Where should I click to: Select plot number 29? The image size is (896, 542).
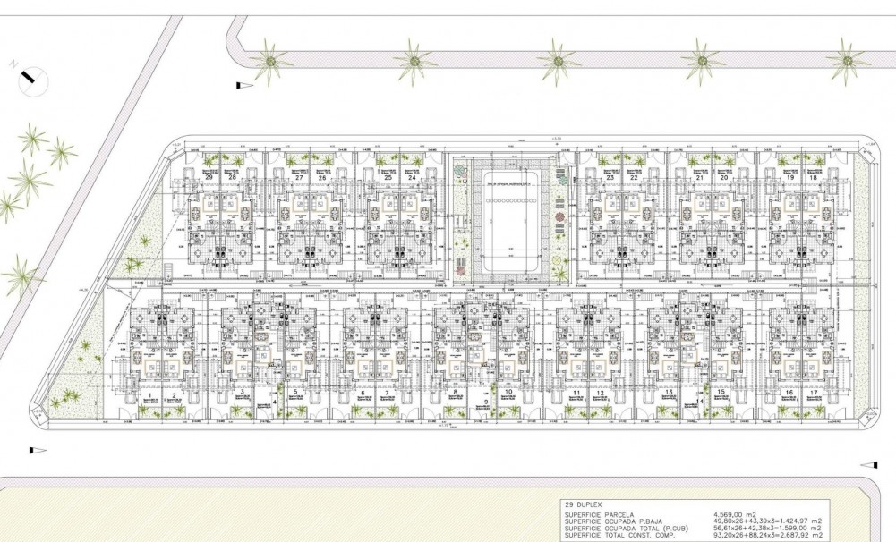coord(209,178)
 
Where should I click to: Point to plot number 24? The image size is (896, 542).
coord(412,178)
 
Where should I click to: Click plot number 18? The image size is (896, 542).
coord(813,178)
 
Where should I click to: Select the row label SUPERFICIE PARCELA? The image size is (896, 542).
coord(600,515)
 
